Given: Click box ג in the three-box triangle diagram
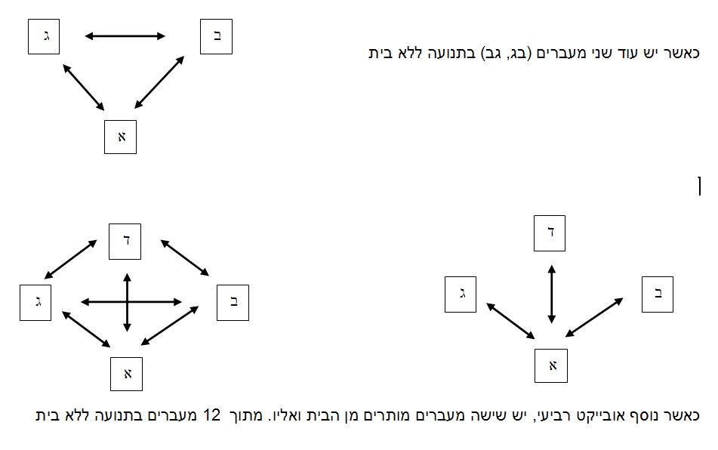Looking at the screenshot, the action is pos(44,37).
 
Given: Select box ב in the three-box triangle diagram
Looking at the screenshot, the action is pos(216,37).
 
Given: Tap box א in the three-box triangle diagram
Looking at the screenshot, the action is pos(121,137).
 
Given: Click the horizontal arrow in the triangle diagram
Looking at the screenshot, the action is pos(125,36).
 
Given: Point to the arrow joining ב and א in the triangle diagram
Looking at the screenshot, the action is pos(159,82).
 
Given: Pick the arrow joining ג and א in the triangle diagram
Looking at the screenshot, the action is pos(83,87).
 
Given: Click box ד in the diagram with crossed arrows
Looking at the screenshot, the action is pos(125,242).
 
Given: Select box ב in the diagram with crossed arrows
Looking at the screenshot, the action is pos(233,303).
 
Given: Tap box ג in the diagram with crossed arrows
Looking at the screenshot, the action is pos(35,303).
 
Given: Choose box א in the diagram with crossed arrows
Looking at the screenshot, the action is pos(126,374).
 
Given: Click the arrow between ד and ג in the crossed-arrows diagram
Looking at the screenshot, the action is pos(70,259).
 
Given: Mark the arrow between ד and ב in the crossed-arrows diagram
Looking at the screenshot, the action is pos(184,257).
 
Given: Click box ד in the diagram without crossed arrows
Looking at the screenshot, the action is pos(550,233).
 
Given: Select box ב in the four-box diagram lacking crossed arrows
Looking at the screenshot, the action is pos(658,294).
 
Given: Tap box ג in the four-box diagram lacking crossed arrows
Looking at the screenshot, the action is pos(461,294).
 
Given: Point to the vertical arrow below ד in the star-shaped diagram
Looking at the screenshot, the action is pos(552,294).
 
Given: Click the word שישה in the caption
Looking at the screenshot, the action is pos(482,415).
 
